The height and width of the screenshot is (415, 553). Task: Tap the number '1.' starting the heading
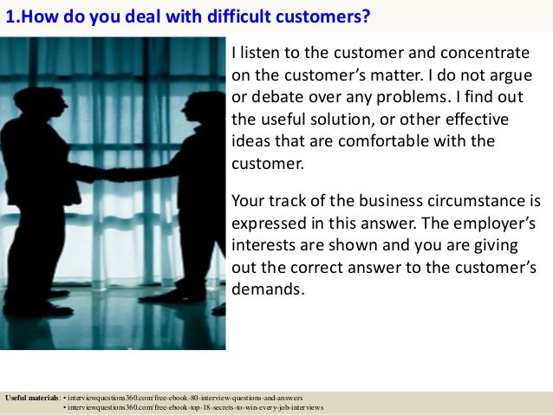[11, 16]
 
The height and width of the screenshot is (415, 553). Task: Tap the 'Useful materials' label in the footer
[31, 397]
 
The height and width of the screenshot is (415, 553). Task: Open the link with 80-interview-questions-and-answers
[186, 397]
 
